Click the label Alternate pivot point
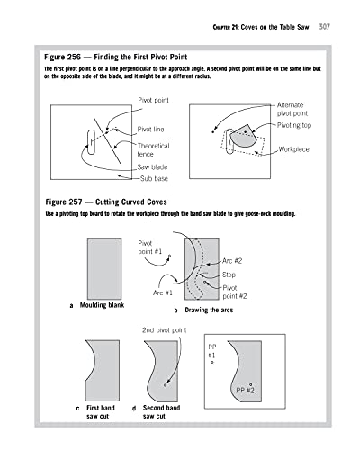[295, 111]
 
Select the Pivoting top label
[299, 128]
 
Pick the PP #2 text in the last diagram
[245, 390]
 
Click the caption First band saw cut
[98, 412]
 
